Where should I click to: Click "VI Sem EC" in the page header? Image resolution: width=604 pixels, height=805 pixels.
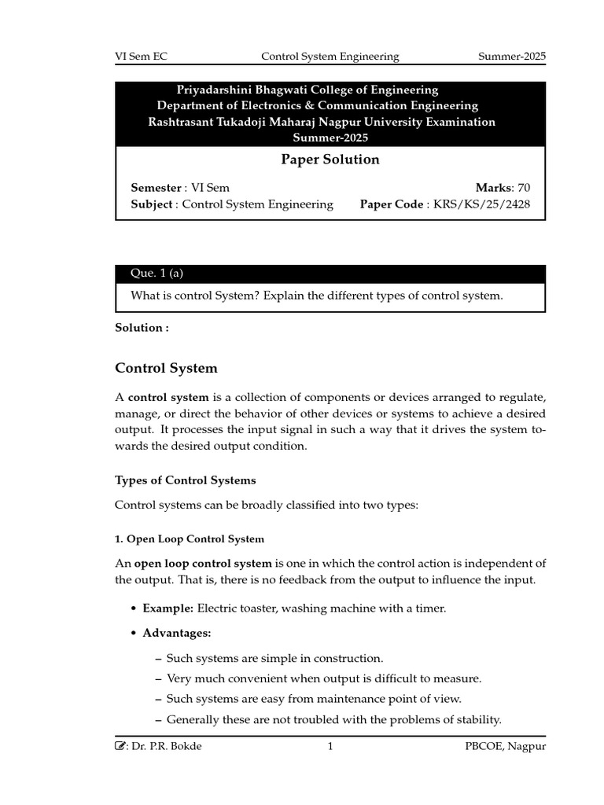tap(142, 57)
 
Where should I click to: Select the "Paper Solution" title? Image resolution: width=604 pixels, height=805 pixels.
tap(330, 160)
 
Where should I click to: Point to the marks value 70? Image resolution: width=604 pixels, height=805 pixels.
tap(524, 187)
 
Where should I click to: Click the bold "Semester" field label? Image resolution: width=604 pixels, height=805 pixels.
tap(156, 187)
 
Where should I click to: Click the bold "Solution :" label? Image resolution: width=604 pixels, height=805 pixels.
tap(142, 328)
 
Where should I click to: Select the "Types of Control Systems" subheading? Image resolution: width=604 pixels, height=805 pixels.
tap(185, 480)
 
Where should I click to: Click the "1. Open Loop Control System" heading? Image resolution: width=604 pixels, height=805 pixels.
tap(190, 539)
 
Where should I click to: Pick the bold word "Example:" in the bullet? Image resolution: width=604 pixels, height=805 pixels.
tap(168, 608)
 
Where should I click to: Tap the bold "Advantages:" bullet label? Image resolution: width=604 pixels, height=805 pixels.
tap(176, 633)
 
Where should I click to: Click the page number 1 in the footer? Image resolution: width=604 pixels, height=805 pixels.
tap(330, 747)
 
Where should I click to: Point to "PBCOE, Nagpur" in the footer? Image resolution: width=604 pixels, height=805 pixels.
tap(505, 747)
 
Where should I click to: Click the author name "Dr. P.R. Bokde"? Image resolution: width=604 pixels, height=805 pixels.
tap(168, 747)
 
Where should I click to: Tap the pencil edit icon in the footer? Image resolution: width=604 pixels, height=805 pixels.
tap(120, 746)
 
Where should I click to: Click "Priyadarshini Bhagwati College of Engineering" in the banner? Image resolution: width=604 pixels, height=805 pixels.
tap(307, 90)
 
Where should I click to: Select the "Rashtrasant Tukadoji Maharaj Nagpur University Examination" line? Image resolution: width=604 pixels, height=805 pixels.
tap(322, 122)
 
